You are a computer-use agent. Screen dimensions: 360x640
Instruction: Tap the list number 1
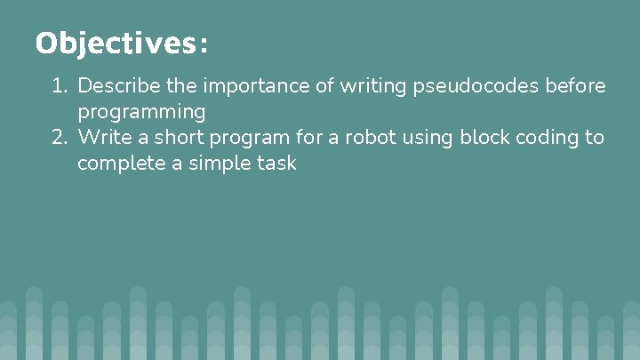pos(59,86)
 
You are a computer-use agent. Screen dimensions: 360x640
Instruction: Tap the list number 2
pos(60,138)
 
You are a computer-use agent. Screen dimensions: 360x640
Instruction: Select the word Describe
pos(115,86)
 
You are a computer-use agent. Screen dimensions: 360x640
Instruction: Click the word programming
pos(141,113)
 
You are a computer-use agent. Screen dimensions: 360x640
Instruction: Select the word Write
pos(101,138)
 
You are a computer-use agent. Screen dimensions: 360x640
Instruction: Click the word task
pos(275,164)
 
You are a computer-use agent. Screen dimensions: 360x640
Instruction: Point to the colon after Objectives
pos(204,44)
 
